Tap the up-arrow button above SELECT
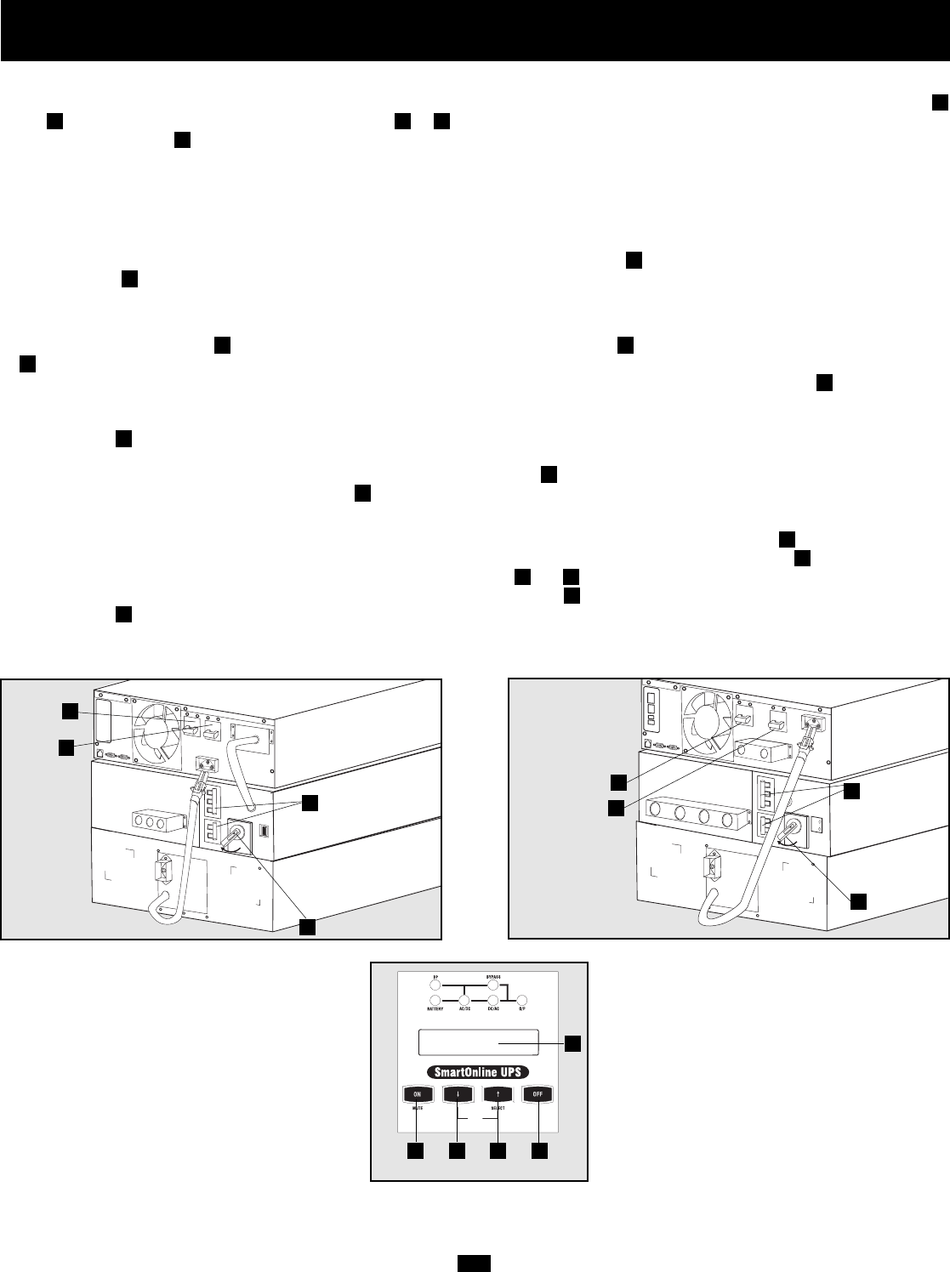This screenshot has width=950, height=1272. click(498, 1095)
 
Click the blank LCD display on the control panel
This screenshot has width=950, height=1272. click(478, 1042)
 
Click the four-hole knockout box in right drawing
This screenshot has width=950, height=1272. click(694, 820)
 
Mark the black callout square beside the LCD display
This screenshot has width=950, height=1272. click(573, 1041)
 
